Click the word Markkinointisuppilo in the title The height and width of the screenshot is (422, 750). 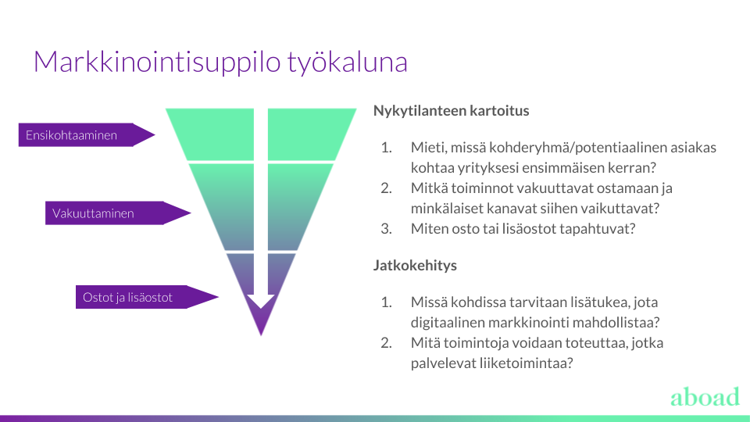157,63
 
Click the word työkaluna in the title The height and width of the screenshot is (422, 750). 348,63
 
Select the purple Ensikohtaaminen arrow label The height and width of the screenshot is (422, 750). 87,135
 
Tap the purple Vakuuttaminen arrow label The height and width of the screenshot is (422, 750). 118,213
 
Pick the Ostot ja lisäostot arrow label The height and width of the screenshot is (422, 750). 147,297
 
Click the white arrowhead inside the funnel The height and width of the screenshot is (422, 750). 261,302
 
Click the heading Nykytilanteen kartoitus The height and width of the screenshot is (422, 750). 451,110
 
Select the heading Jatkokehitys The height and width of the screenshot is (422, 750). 415,265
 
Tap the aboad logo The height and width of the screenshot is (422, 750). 705,397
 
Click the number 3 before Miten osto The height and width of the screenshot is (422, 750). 386,229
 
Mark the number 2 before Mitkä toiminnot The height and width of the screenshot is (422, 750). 386,188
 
